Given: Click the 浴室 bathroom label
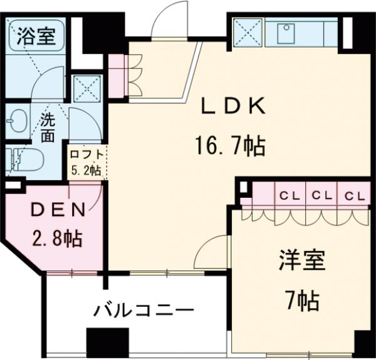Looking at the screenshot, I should point(36,36).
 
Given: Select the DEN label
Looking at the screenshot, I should point(58,210).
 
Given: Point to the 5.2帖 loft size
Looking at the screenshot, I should point(85,170).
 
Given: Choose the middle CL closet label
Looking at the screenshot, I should point(321,194).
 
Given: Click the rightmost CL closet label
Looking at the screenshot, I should point(354,194).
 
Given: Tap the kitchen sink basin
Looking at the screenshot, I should point(286,33).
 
